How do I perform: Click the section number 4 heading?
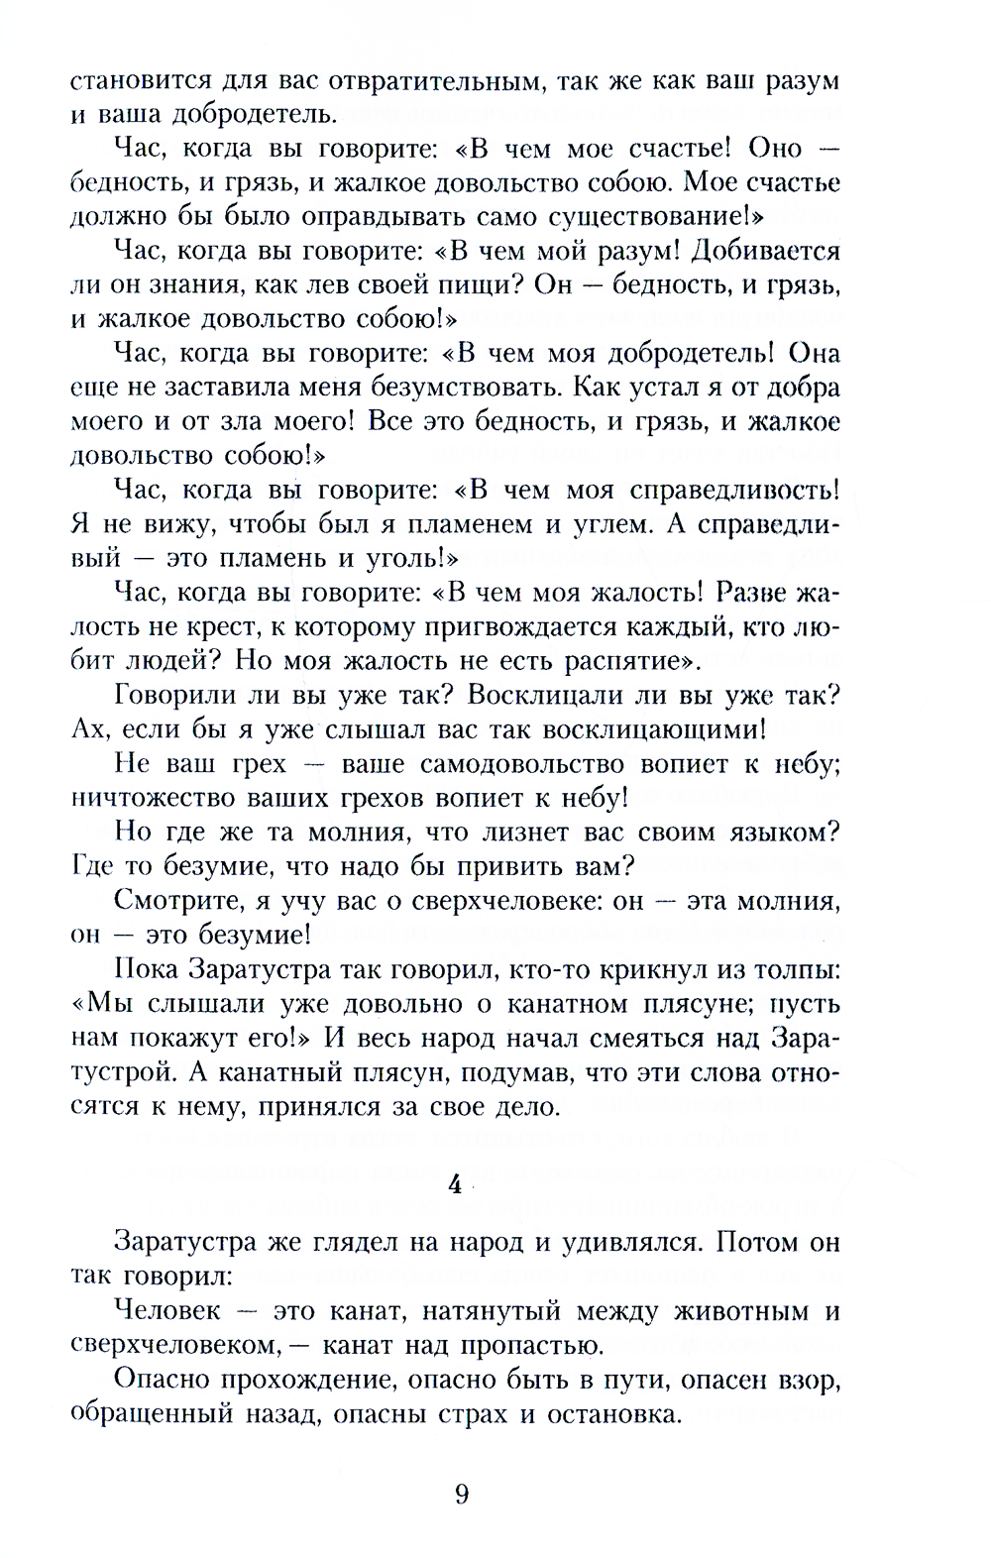click(456, 1185)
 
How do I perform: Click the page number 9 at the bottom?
click(462, 1494)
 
